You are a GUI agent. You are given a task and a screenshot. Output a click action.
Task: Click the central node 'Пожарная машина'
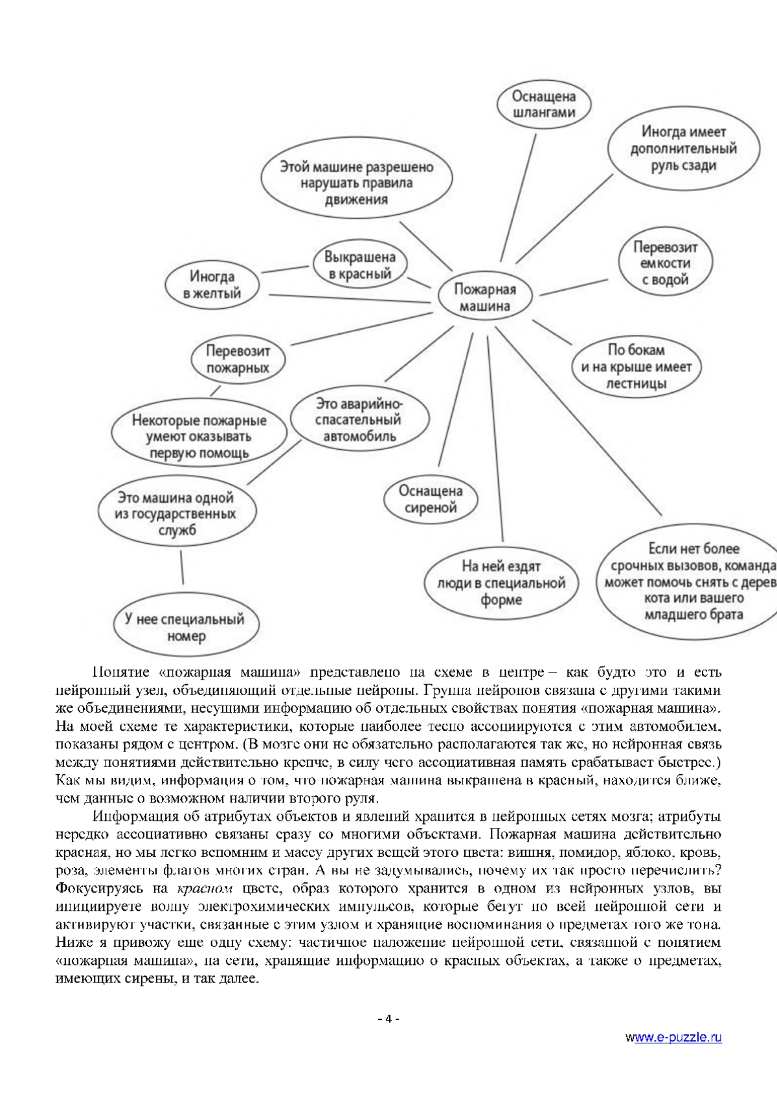point(484,298)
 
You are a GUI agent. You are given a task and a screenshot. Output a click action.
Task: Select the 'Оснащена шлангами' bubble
point(544,104)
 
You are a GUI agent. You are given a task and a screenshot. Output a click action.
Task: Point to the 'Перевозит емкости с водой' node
point(665,263)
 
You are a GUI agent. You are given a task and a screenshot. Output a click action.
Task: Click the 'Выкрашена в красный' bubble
point(360,265)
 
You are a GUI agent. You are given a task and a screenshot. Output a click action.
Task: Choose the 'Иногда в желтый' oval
point(212,285)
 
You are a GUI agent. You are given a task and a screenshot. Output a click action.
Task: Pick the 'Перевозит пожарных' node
point(238,360)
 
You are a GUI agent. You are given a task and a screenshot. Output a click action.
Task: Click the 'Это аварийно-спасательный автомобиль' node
point(359,419)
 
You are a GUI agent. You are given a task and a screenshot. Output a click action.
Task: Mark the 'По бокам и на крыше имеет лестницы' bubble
point(636,367)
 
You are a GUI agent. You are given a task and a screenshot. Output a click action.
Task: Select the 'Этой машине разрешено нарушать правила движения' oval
point(357,183)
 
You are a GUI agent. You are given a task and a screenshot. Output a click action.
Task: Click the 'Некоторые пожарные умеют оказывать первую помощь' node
point(199,436)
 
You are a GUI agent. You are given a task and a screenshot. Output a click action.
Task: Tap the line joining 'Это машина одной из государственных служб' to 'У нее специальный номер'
point(182,568)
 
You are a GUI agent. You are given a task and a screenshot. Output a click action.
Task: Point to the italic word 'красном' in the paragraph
point(199,887)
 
